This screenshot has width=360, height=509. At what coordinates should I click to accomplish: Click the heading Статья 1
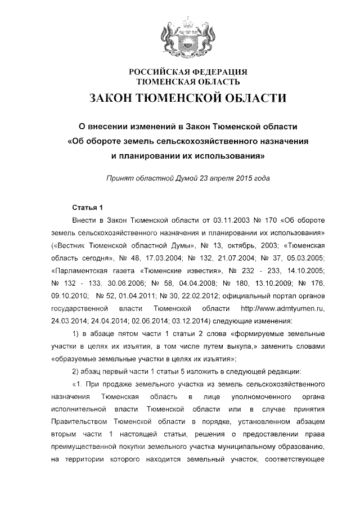point(88,207)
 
